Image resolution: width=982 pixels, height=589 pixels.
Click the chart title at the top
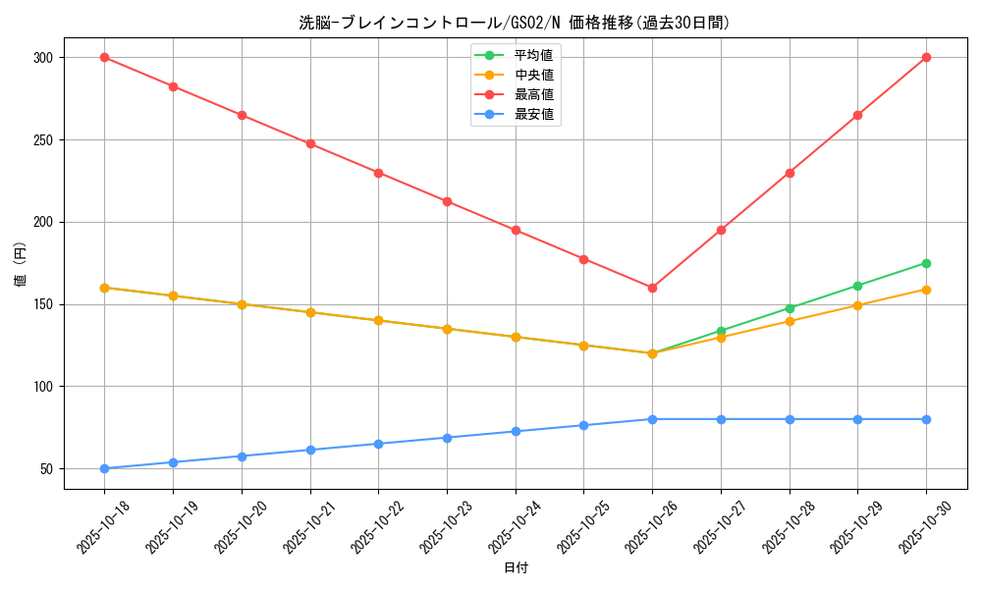coord(515,22)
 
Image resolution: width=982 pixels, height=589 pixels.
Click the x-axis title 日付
coord(515,568)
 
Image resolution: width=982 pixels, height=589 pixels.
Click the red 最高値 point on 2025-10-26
coord(652,288)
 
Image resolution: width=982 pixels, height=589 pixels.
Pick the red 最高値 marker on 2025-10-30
coord(926,58)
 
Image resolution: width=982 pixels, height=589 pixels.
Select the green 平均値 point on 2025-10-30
coord(926,263)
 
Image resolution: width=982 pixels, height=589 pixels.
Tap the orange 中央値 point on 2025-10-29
coord(857,305)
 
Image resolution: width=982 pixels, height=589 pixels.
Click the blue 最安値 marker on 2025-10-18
coord(104,468)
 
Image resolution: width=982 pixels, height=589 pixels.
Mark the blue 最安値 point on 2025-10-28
coord(790,419)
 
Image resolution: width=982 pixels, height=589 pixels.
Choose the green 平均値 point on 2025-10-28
coord(790,308)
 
